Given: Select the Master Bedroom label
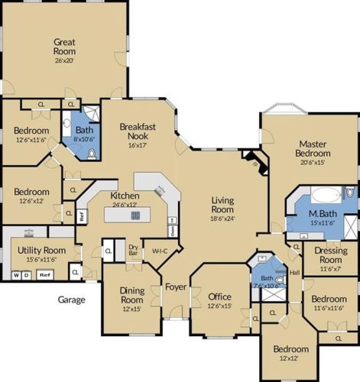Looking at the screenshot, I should point(313,150).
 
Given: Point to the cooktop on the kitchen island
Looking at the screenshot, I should point(135,215).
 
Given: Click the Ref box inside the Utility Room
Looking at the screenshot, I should point(45,274).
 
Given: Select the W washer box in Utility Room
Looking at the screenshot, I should point(16,274).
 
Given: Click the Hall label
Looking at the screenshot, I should point(295,272).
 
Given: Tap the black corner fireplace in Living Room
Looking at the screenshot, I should point(253,161).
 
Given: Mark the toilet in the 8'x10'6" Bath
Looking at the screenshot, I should point(91,154).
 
